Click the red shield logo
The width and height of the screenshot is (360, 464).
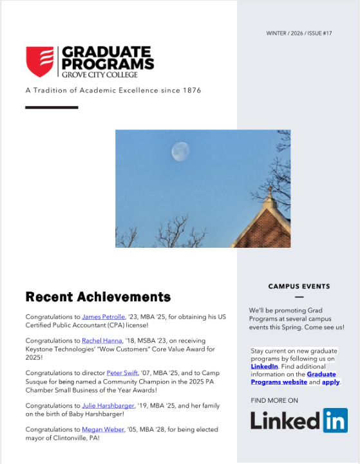39,61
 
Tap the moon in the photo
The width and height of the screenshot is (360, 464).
180,152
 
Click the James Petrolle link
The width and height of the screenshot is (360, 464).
104,317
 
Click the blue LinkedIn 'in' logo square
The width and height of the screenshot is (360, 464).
335,420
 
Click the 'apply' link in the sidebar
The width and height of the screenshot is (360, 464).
330,382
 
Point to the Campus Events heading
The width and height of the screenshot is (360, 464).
299,286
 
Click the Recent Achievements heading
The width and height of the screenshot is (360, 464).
98,297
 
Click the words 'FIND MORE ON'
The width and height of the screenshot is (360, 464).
274,400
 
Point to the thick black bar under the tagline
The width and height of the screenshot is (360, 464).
52,107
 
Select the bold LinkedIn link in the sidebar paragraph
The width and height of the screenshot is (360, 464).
264,366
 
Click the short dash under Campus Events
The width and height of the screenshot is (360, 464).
299,297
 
